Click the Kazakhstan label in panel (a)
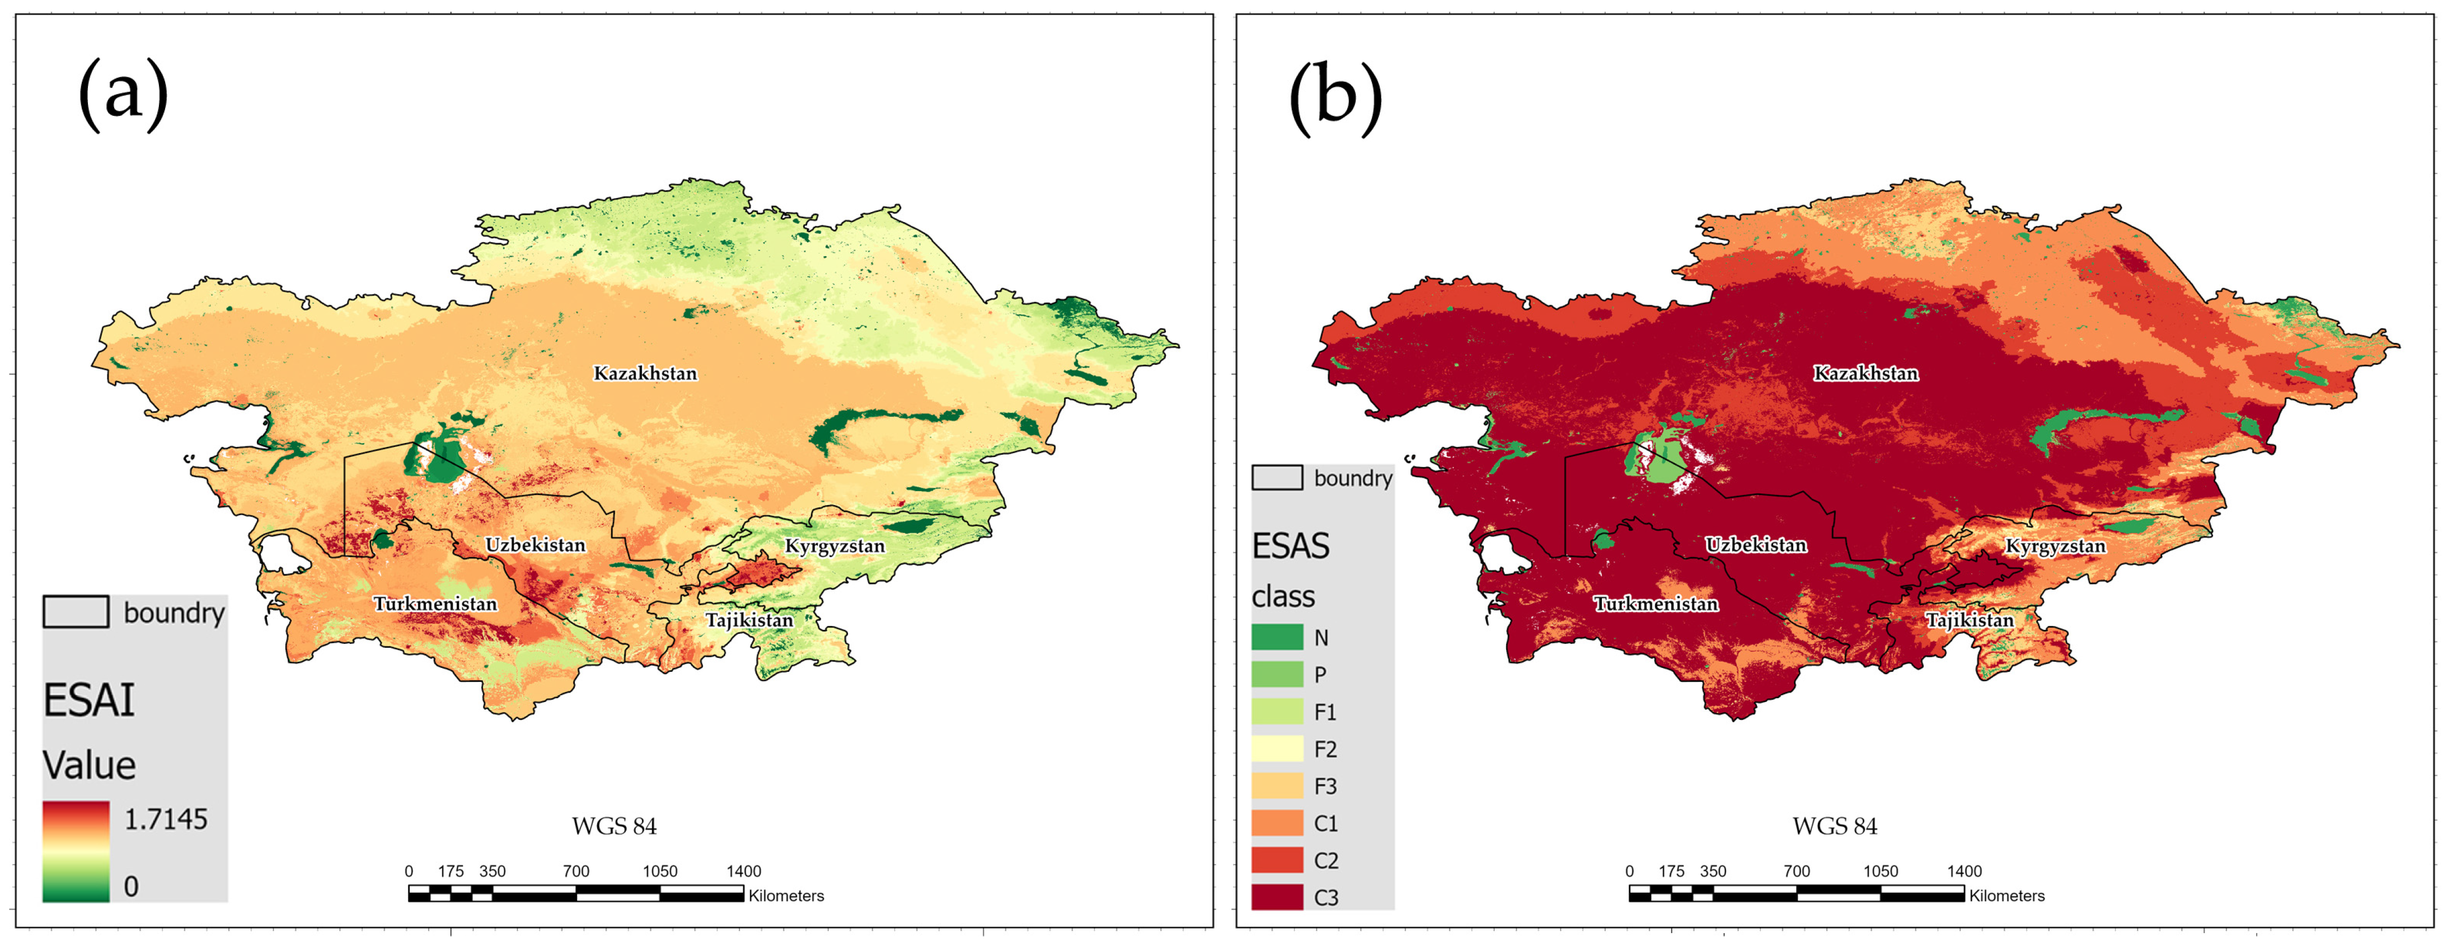pos(645,373)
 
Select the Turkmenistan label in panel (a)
pos(435,604)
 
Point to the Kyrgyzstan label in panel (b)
pos(2055,546)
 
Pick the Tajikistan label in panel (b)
pos(1969,620)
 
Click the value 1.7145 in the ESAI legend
pos(165,818)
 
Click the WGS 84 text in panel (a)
pos(613,826)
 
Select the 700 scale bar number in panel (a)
pos(576,871)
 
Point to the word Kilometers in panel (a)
pos(786,896)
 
